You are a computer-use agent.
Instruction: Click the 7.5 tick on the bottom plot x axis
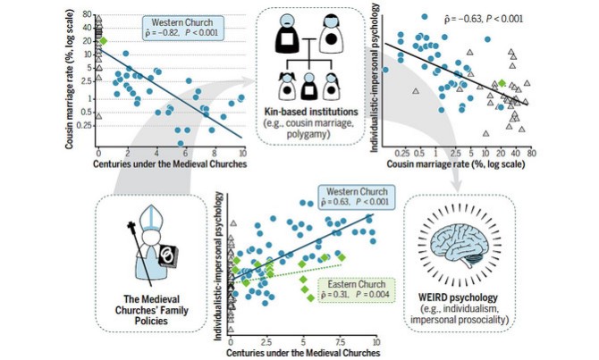(340, 342)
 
